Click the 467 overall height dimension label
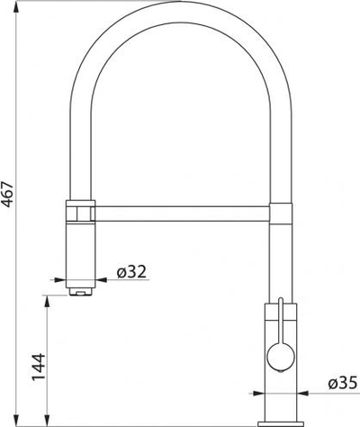tap(7, 194)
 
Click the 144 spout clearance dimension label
tap(39, 368)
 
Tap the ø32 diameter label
tap(131, 272)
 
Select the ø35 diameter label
tap(343, 383)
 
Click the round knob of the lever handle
tap(281, 357)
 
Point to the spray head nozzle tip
tap(80, 291)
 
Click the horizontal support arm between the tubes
tap(182, 213)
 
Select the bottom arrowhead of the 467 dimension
tap(16, 420)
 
